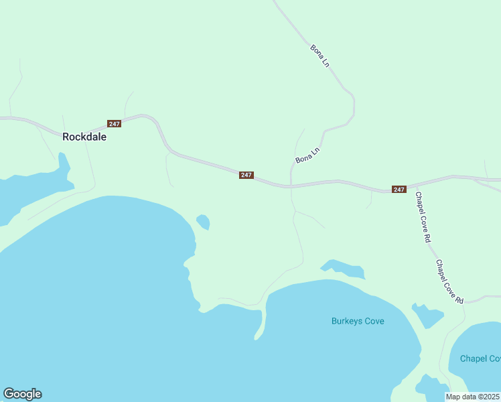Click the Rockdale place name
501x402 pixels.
pos(84,136)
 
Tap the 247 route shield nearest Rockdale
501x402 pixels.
pos(114,124)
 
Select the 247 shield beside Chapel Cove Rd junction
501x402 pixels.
pos(399,190)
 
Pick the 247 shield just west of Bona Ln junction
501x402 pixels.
pos(246,175)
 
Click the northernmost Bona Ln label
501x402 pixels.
pos(320,55)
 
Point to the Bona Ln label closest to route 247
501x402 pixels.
pos(307,156)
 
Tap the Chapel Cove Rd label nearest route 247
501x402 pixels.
pos(423,217)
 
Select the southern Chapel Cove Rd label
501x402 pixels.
pos(450,282)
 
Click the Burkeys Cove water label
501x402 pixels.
pos(358,321)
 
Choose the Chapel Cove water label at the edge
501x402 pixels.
pos(480,358)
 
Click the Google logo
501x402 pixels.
pos(22,394)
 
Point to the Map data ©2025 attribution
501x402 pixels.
pos(473,397)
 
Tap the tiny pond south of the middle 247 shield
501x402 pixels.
pos(202,220)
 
